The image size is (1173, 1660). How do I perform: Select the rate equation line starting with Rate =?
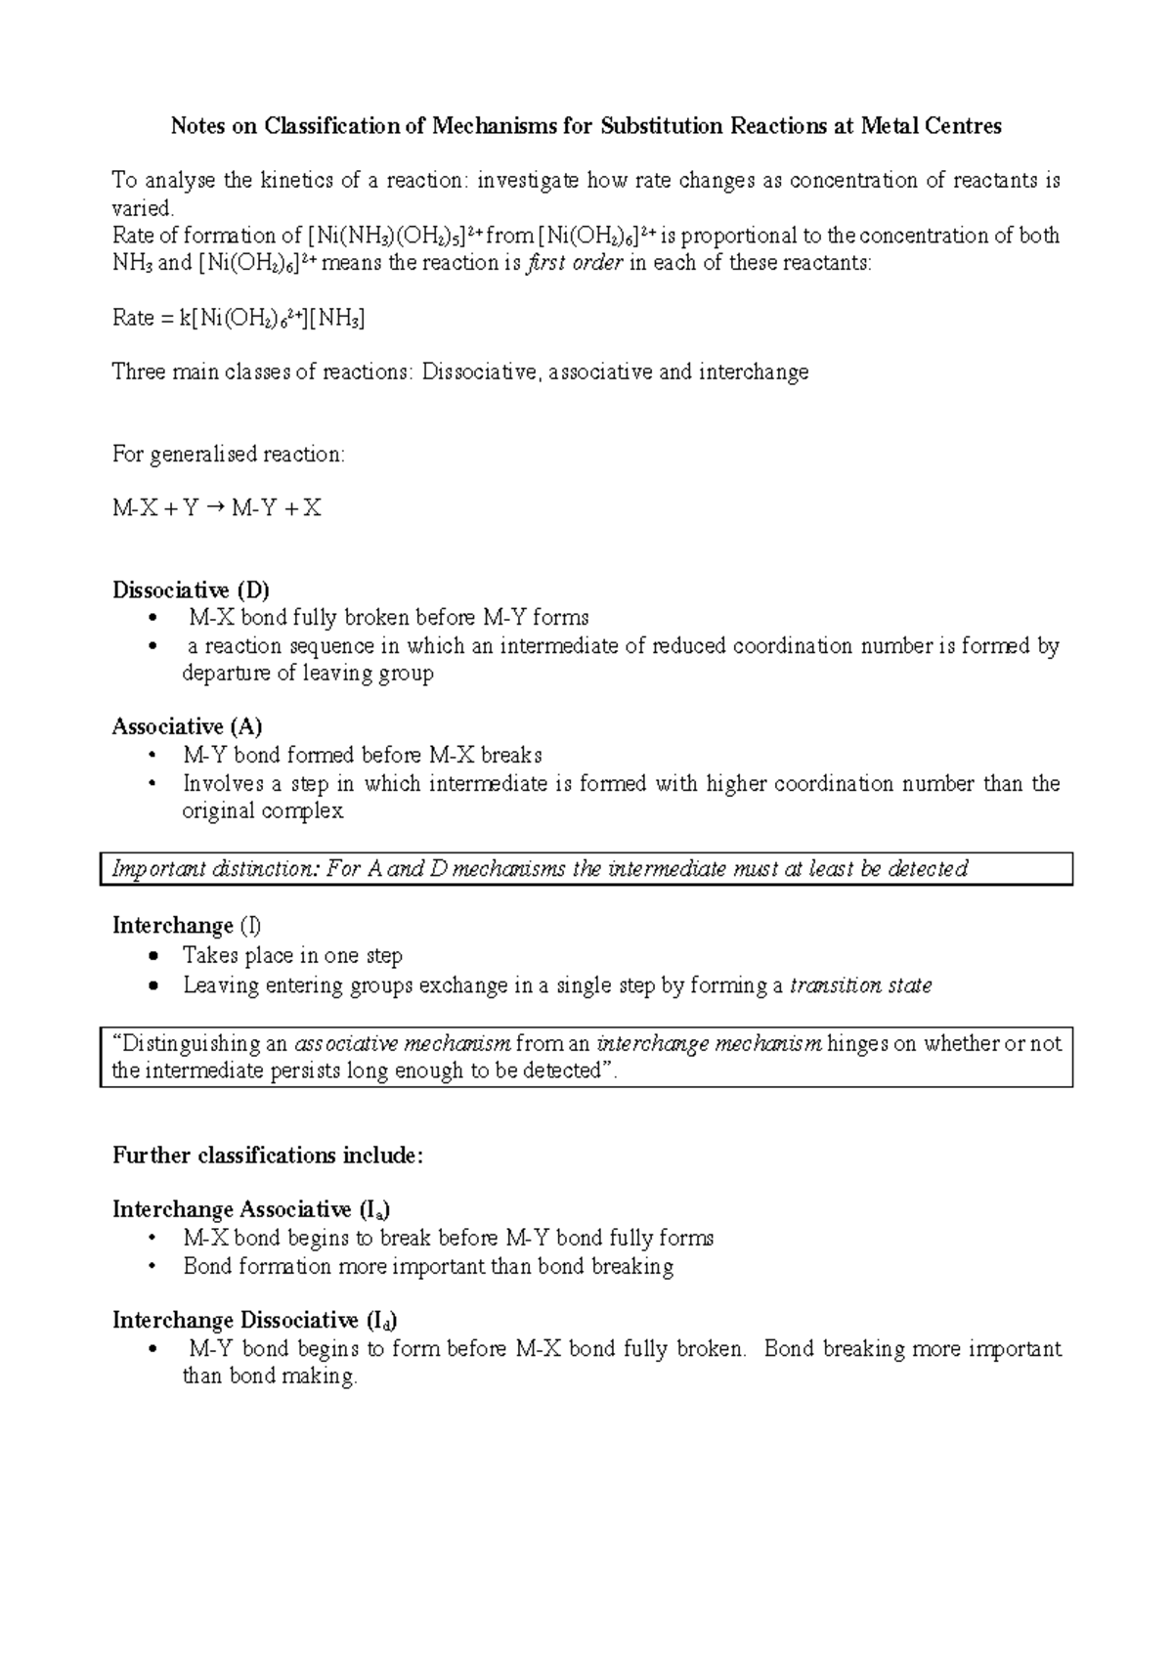[x=239, y=318]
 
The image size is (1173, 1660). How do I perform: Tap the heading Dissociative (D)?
[x=191, y=590]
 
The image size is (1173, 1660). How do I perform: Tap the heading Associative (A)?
[x=187, y=726]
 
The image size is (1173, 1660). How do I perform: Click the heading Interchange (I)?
[x=187, y=926]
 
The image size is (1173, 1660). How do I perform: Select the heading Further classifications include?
[x=268, y=1156]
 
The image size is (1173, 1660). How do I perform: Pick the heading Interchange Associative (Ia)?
[x=252, y=1210]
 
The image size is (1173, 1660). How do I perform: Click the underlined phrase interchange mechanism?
[x=711, y=1044]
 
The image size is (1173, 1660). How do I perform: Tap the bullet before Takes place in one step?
[x=152, y=956]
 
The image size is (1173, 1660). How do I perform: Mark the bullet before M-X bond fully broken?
[x=151, y=618]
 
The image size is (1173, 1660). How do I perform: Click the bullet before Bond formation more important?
[x=151, y=1267]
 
